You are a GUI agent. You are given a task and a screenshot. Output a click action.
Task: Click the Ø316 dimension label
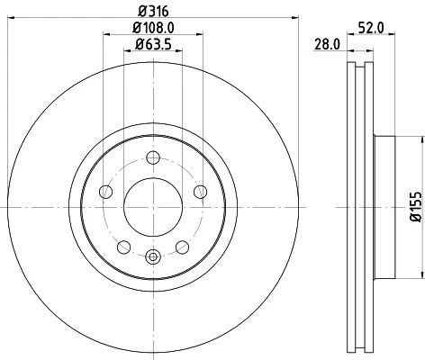(x=152, y=9)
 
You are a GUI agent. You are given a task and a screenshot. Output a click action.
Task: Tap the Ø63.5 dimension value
(x=151, y=45)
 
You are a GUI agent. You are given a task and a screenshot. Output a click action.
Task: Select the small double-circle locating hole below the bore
(x=152, y=258)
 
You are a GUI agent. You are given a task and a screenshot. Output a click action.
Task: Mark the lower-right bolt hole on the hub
(x=183, y=247)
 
